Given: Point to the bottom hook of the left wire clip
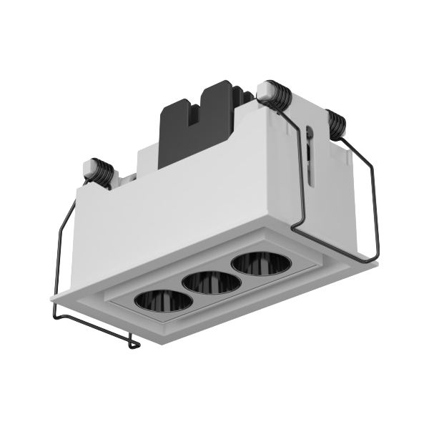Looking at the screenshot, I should click(132, 345).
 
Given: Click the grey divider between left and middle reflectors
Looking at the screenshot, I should click(182, 292).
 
